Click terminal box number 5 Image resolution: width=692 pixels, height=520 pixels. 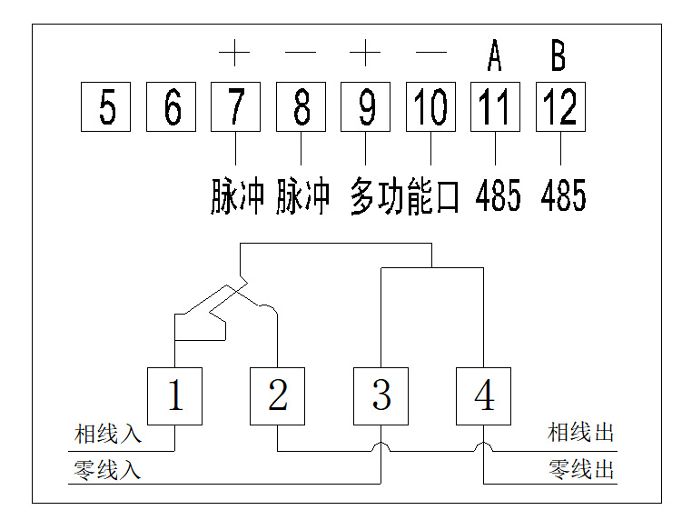coord(106,107)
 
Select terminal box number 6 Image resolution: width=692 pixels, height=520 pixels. coord(172,107)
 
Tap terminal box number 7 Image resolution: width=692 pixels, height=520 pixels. coord(236,107)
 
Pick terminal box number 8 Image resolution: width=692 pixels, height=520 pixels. coord(302,107)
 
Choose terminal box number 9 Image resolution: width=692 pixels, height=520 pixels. coord(366,107)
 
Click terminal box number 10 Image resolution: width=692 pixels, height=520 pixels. coord(431,107)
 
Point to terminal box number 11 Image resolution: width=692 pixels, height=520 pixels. coord(495,107)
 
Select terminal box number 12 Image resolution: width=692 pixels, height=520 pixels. coord(560,107)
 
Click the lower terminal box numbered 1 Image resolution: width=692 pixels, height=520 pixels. coord(174,395)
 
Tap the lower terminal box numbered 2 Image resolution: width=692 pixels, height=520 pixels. coord(278,395)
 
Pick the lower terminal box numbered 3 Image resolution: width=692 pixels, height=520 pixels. coord(381,395)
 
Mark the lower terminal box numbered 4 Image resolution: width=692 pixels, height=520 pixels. coord(483,395)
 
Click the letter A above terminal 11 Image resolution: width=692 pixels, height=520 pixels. coord(494,56)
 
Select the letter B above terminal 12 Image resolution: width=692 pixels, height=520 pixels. coord(559,56)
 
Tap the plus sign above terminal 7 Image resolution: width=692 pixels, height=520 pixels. coord(234,54)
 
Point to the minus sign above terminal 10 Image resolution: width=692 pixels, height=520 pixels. coord(431,54)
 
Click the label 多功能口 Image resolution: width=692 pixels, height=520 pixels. coord(405,197)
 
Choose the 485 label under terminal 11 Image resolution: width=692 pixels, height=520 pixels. coord(499,197)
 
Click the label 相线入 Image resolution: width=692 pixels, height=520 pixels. coord(108,434)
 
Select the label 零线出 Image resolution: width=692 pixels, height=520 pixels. coord(581,470)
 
